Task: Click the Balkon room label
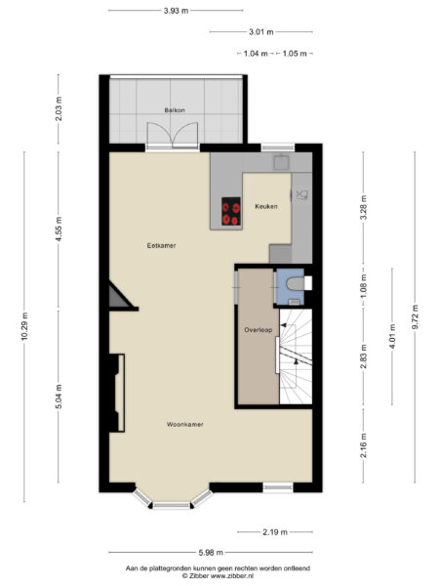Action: point(175,110)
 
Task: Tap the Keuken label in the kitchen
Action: point(266,206)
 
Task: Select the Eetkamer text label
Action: point(161,245)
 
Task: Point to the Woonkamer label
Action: point(184,424)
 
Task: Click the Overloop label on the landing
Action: point(259,330)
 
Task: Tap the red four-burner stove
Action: point(231,211)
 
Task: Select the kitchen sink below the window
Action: point(281,162)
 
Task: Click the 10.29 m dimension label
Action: point(24,326)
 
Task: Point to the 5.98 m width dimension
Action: point(211,552)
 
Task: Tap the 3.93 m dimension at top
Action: point(177,11)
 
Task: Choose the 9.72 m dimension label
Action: point(415,316)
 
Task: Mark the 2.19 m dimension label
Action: point(275,532)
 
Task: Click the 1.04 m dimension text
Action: point(256,54)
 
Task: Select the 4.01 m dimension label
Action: point(392,336)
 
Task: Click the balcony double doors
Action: point(172,136)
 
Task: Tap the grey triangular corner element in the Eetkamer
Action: point(120,296)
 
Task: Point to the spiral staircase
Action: point(296,356)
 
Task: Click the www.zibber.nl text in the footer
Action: point(232,576)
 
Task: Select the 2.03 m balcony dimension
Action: point(59,108)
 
